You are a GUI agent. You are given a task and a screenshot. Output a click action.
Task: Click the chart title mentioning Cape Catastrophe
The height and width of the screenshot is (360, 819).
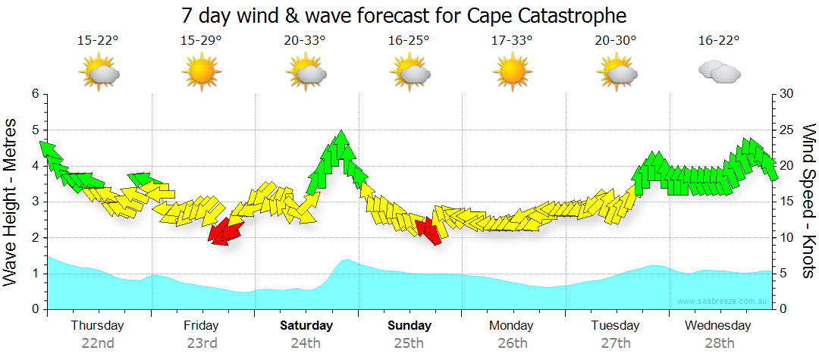(404, 15)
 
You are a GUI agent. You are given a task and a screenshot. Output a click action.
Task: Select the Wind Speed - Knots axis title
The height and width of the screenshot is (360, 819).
(808, 201)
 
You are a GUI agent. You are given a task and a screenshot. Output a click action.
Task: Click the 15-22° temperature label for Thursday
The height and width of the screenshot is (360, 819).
(98, 40)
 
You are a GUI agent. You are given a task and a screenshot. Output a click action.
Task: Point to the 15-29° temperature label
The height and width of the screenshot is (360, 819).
(201, 40)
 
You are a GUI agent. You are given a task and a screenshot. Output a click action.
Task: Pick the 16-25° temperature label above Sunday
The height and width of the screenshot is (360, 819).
(409, 40)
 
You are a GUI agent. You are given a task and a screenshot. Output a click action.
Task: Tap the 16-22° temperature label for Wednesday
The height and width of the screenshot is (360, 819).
(719, 40)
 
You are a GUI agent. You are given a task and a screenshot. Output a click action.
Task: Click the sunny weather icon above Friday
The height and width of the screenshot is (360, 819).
(201, 74)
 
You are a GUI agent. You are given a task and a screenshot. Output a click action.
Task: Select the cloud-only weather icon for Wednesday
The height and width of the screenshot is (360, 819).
(719, 74)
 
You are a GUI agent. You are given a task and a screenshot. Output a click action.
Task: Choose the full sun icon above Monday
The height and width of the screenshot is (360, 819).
(513, 74)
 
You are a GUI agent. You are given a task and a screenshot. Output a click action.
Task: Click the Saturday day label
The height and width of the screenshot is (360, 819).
(306, 326)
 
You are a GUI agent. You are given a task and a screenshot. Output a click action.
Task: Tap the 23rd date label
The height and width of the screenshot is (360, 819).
(202, 343)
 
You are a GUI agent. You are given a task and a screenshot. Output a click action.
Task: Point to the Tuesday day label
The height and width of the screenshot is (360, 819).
(615, 326)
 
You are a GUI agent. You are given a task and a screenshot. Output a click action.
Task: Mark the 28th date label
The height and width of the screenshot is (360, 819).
(719, 343)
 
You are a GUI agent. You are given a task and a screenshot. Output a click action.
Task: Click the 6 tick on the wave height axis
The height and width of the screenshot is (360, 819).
(34, 94)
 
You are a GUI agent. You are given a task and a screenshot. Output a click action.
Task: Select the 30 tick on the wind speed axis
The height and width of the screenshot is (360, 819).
(786, 94)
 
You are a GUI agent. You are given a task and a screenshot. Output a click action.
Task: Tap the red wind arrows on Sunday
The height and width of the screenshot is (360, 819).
(429, 230)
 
